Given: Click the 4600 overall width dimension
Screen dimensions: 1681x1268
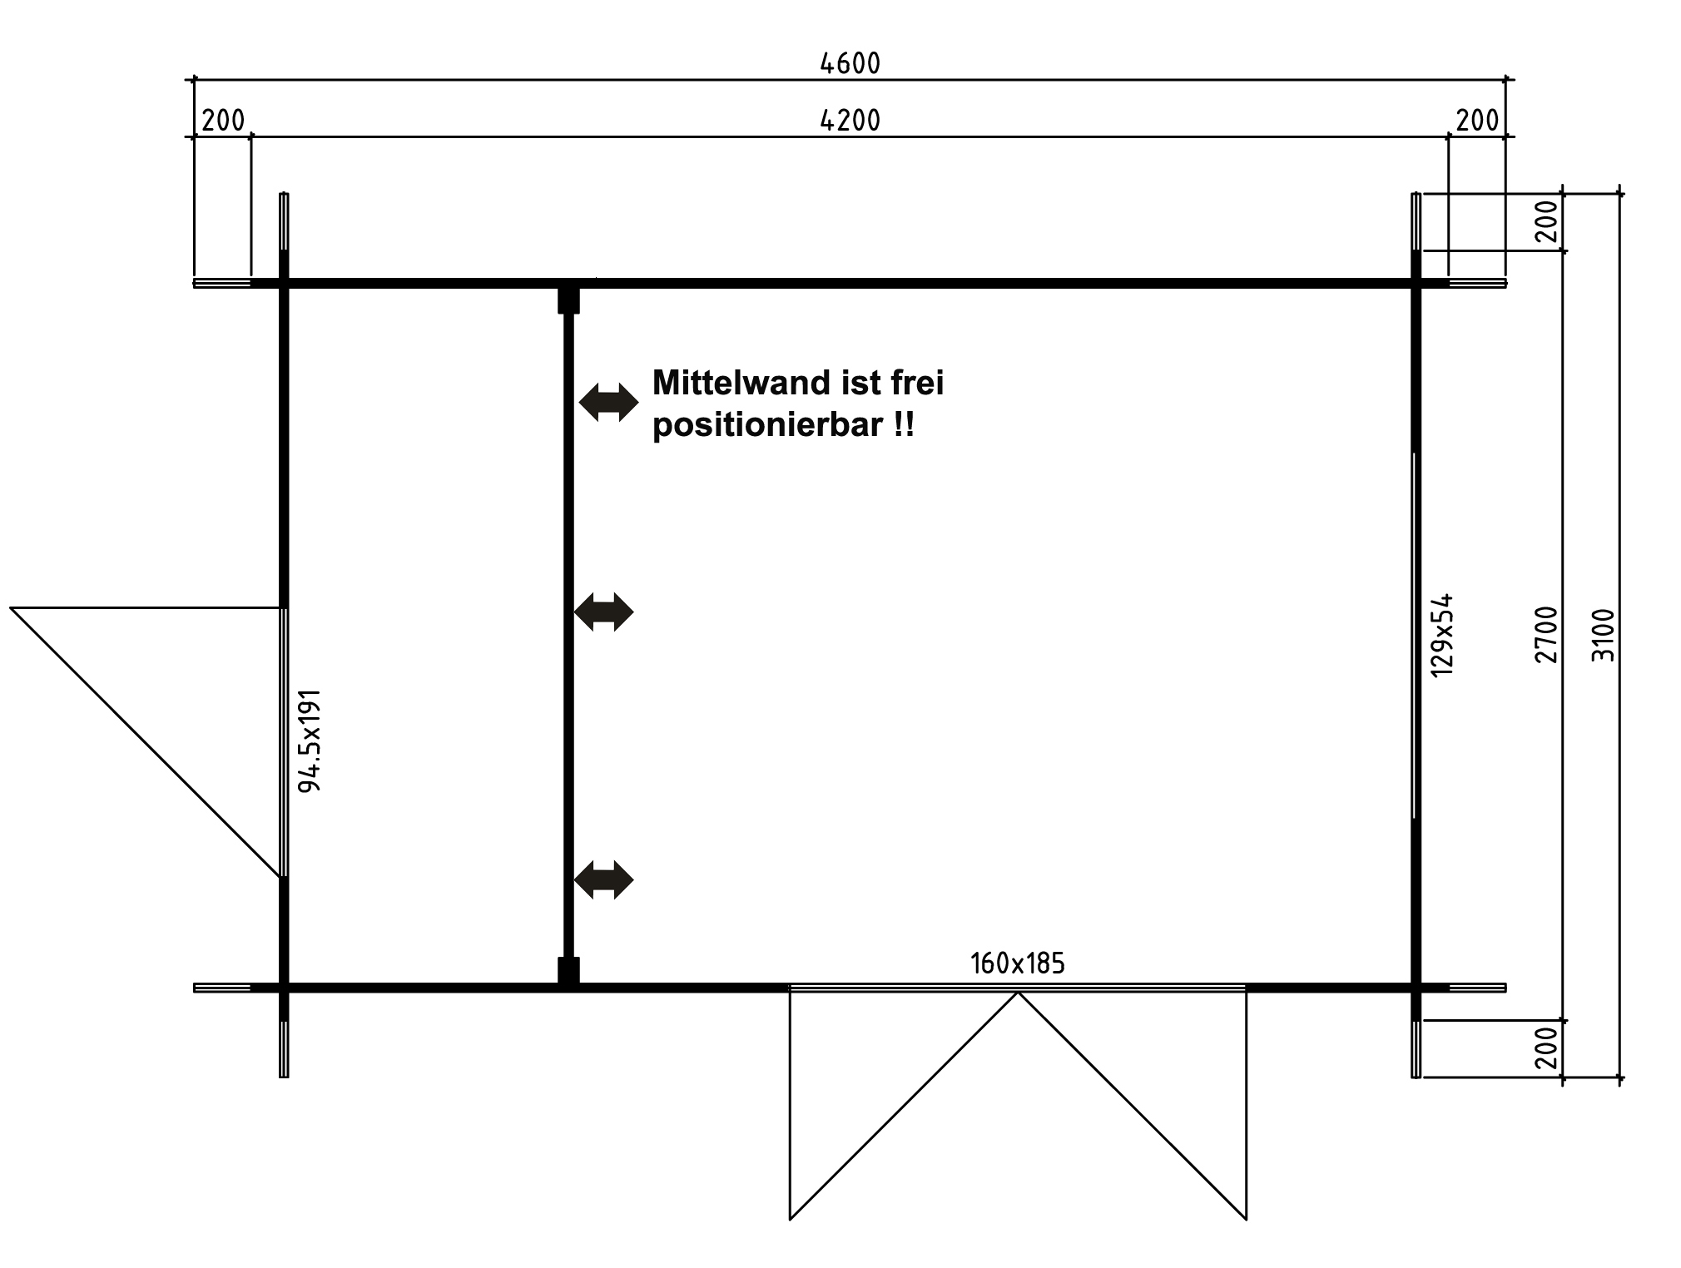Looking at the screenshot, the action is (x=850, y=63).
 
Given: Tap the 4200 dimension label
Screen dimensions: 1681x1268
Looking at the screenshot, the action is (x=850, y=121).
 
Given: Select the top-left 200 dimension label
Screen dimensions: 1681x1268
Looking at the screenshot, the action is (x=223, y=121).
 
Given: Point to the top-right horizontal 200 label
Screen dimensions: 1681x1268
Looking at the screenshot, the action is (x=1477, y=121).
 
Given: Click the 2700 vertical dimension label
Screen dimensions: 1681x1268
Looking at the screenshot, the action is (x=1546, y=635).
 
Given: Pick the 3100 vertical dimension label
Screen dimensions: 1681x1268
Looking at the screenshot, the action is (x=1603, y=635).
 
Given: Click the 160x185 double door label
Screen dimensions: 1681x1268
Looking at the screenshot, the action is (x=1017, y=963).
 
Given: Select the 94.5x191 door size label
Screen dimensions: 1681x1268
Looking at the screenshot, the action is (x=310, y=740).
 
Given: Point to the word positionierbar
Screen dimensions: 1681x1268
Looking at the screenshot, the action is (x=767, y=425).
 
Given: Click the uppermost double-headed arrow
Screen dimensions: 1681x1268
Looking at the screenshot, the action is (x=608, y=403).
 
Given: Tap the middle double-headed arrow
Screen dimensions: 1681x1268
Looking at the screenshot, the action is (x=604, y=612).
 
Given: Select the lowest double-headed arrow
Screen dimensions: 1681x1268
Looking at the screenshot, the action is (x=604, y=879).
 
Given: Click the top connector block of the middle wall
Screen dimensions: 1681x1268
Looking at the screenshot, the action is (x=568, y=300).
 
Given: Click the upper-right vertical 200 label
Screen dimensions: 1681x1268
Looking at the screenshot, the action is (x=1546, y=221).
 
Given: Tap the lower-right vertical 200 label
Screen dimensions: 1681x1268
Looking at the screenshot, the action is (x=1546, y=1048).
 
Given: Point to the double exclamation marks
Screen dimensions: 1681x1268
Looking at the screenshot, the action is (x=904, y=425).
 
